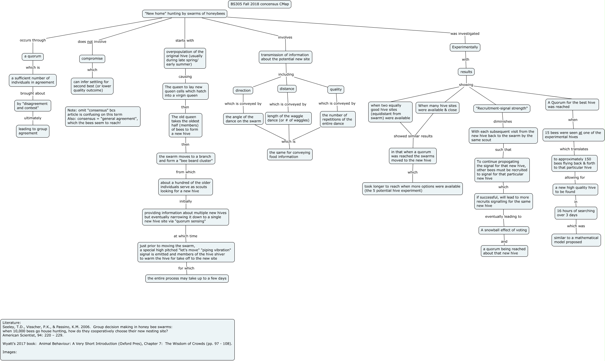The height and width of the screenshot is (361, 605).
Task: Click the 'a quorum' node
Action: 33,57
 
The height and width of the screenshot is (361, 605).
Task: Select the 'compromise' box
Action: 92,59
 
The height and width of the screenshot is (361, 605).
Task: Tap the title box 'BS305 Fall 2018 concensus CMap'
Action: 260,4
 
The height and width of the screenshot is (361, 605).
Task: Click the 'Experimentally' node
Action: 465,47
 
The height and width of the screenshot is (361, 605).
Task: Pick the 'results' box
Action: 466,72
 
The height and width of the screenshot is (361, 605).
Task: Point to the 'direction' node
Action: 243,90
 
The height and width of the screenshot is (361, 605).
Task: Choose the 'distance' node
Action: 287,89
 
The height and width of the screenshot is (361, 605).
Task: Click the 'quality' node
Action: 336,89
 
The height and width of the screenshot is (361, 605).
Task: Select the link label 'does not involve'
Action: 92,42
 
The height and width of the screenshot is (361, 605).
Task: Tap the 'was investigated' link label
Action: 465,34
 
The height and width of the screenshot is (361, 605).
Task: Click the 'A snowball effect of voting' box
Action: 504,230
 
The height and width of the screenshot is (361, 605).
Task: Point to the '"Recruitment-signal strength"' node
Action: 502,109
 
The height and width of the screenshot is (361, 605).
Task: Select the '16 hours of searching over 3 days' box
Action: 576,213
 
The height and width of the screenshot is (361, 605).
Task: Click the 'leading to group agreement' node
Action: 33,131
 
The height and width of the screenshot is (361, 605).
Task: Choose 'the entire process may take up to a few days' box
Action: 187,279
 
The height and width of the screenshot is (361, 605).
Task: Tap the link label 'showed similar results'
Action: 413,136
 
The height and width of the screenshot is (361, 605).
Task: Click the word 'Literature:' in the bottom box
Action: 12,323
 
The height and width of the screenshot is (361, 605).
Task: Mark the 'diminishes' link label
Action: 503,121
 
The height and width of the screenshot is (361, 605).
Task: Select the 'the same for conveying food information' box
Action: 290,155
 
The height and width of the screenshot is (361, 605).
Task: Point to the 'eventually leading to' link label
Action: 503,217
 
